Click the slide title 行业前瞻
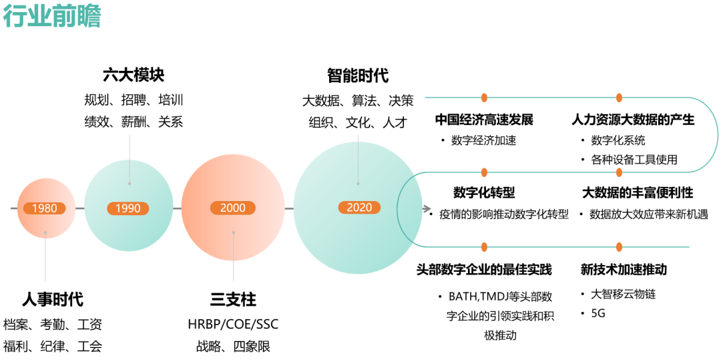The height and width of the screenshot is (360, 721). (x=51, y=17)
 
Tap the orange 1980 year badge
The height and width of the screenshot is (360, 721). (x=45, y=208)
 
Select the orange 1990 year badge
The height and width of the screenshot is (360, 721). (x=128, y=208)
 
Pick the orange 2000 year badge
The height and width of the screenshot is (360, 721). (x=233, y=208)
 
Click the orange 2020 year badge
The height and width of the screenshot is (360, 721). (x=358, y=208)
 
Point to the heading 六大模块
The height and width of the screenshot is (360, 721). (x=134, y=75)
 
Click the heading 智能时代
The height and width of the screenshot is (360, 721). (x=358, y=75)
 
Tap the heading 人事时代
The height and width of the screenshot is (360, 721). (x=53, y=299)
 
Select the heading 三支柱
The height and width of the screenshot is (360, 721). (x=233, y=299)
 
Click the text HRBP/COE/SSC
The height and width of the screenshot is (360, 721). (x=233, y=325)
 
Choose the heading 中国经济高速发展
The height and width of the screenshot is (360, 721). (x=484, y=120)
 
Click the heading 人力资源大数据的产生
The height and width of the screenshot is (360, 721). (x=633, y=120)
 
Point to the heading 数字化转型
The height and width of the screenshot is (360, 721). (x=484, y=193)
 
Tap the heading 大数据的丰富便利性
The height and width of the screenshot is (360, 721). (x=638, y=193)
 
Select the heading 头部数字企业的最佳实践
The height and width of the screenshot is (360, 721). (x=484, y=270)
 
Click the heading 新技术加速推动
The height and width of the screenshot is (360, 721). (x=624, y=270)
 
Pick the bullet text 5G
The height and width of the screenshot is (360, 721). (x=597, y=313)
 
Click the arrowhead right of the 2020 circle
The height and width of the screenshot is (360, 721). (x=427, y=209)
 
